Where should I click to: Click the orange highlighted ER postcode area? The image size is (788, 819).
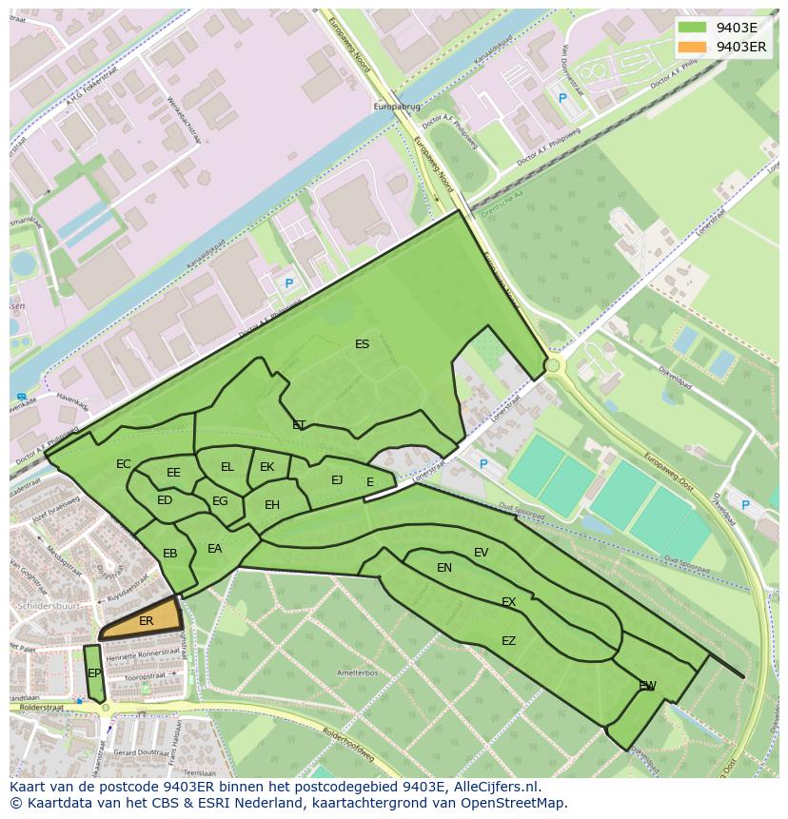click(143, 620)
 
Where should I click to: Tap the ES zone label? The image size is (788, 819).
click(362, 344)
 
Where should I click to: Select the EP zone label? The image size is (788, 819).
click(94, 673)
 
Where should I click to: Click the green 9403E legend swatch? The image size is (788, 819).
click(692, 28)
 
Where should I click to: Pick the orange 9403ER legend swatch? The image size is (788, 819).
click(692, 47)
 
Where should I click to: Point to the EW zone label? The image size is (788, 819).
click(647, 686)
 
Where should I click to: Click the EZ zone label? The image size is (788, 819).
click(508, 641)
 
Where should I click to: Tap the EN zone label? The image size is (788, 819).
click(444, 568)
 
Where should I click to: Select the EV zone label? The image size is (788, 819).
click(481, 553)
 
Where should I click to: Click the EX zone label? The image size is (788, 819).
click(508, 602)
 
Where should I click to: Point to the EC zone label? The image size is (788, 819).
click(124, 464)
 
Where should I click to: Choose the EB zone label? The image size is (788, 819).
click(170, 554)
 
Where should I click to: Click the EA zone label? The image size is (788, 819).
click(215, 549)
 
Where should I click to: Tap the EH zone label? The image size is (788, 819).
click(272, 505)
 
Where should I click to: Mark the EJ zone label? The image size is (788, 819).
click(337, 480)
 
